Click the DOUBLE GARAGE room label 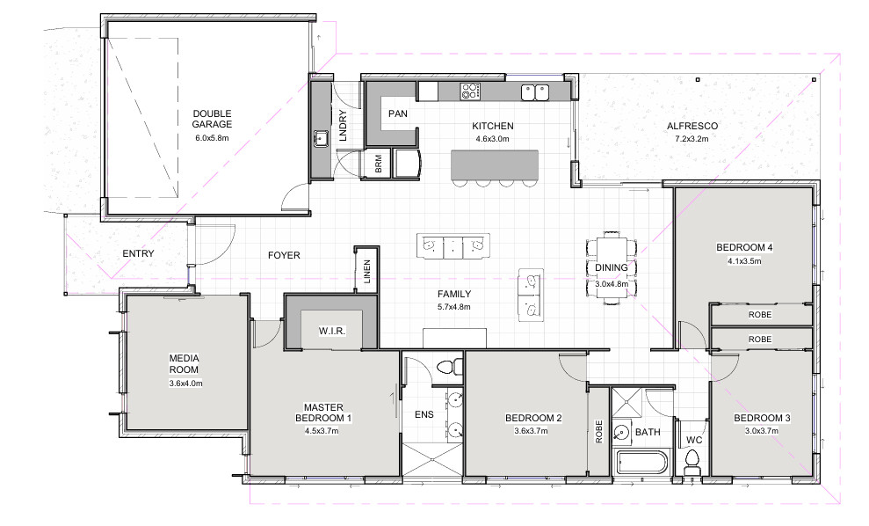pos(212,119)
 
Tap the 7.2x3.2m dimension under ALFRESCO pos(692,139)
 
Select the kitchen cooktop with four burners pos(470,91)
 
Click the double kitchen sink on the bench pos(535,92)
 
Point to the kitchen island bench pos(495,164)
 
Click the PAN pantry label pos(398,113)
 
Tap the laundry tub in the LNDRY pos(321,139)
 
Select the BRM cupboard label pos(379,164)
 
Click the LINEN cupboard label pos(367,272)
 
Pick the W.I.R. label pos(332,332)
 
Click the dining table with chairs pos(612,268)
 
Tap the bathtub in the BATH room pos(641,463)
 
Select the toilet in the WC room pos(692,462)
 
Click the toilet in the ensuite pos(450,367)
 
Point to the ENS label pos(424,414)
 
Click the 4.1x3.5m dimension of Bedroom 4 pos(744,260)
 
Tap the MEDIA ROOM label pos(184,364)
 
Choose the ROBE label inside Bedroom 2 pos(598,431)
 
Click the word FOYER pos(284,255)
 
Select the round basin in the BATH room pos(622,432)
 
